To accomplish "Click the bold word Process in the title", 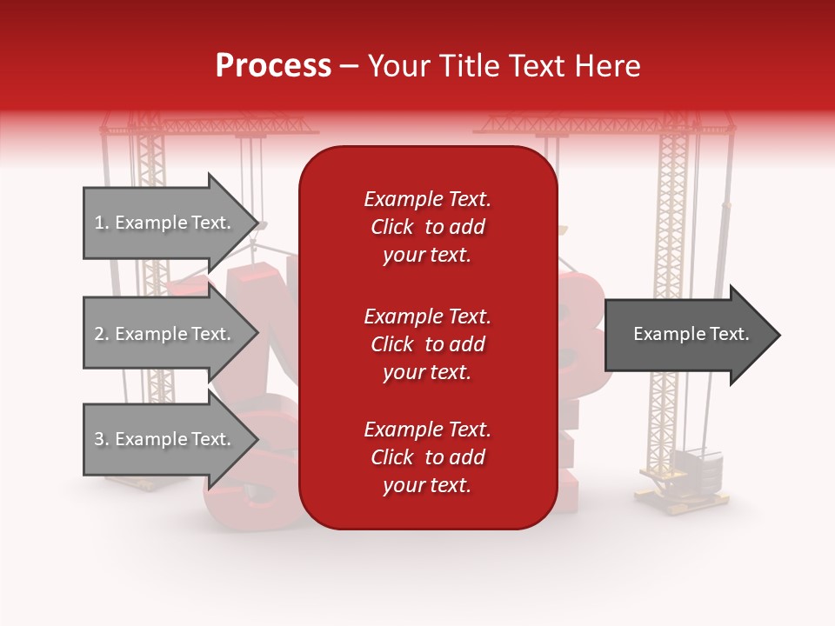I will tap(273, 66).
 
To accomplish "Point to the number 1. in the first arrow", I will tap(102, 223).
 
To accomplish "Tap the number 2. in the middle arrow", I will tap(102, 335).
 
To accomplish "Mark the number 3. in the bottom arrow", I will tap(102, 440).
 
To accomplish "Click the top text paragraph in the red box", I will tap(427, 227).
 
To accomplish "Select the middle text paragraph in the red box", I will tap(427, 344).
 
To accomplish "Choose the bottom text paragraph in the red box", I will tap(427, 457).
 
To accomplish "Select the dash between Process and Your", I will tap(349, 67).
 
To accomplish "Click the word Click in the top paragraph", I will tap(392, 227).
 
